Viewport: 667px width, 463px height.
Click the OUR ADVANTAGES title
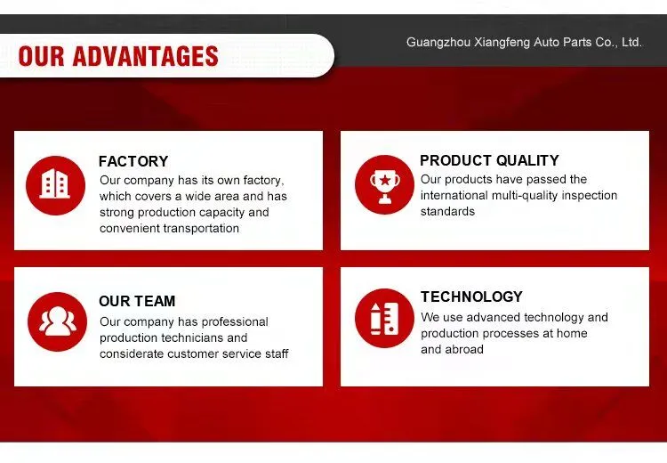pyautogui.click(x=118, y=56)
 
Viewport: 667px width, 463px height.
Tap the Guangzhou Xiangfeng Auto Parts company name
pyautogui.click(x=524, y=42)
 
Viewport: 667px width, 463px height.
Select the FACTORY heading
pyautogui.click(x=133, y=161)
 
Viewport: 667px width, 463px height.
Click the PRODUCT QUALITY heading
pyautogui.click(x=489, y=160)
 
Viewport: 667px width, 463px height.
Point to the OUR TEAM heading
pyautogui.click(x=137, y=301)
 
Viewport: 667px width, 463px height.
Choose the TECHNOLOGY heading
pyautogui.click(x=471, y=296)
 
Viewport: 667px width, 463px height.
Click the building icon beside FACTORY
pyautogui.click(x=55, y=185)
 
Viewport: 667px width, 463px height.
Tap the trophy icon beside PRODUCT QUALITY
pyautogui.click(x=384, y=185)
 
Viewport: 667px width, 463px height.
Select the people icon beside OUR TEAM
pyautogui.click(x=58, y=321)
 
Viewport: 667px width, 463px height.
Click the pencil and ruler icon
pyautogui.click(x=384, y=318)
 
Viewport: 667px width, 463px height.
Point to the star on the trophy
pyautogui.click(x=384, y=180)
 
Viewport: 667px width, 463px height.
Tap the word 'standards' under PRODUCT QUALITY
pyautogui.click(x=447, y=211)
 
